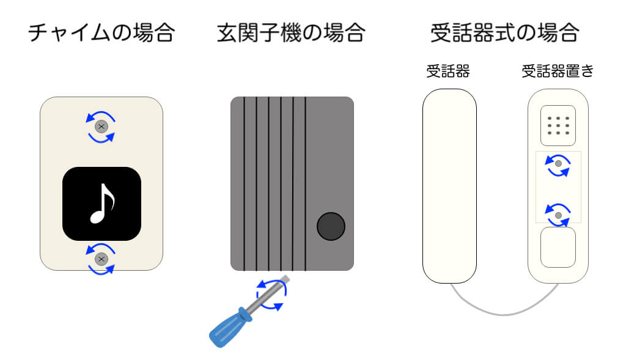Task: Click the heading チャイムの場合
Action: [101, 32]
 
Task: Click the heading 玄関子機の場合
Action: [291, 32]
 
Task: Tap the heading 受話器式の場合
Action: [504, 32]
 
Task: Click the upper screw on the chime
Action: [102, 127]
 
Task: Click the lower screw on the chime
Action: [102, 259]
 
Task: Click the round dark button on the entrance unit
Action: [331, 227]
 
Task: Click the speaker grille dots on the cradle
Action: [558, 125]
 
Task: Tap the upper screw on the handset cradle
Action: [558, 164]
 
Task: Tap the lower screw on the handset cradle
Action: [558, 215]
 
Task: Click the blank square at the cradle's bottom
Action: [558, 248]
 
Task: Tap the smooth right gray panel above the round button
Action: [330, 153]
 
